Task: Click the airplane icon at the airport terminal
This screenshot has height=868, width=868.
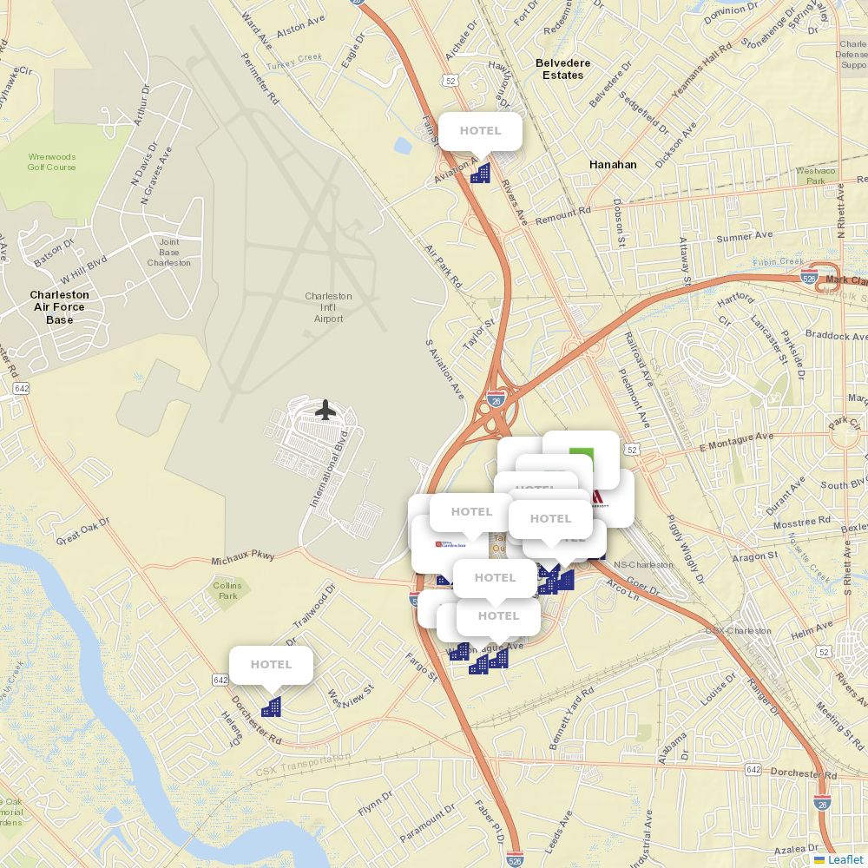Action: [325, 409]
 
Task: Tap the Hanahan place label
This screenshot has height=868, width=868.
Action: [613, 164]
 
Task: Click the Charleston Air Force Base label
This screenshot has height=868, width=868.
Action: [59, 307]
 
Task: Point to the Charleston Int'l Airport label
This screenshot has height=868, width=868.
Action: [328, 307]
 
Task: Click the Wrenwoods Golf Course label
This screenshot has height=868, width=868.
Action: [51, 161]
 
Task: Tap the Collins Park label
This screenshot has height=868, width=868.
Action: [227, 591]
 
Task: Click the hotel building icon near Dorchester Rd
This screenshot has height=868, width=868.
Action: [271, 707]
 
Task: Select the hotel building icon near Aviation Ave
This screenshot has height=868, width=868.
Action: [480, 173]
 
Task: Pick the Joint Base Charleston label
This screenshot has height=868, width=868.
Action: [168, 252]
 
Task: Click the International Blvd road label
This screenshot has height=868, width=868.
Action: [329, 469]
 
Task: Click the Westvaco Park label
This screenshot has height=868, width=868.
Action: [816, 175]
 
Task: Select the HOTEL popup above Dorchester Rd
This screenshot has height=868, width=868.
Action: [271, 665]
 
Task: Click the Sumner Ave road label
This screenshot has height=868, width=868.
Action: [744, 236]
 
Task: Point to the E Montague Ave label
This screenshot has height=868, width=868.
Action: [736, 443]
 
